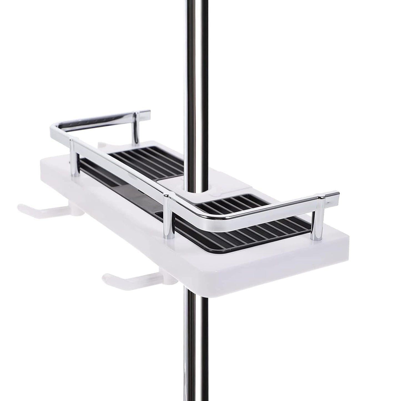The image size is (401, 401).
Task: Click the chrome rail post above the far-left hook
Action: [73, 158]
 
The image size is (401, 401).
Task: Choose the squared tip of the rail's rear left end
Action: [147, 114]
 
